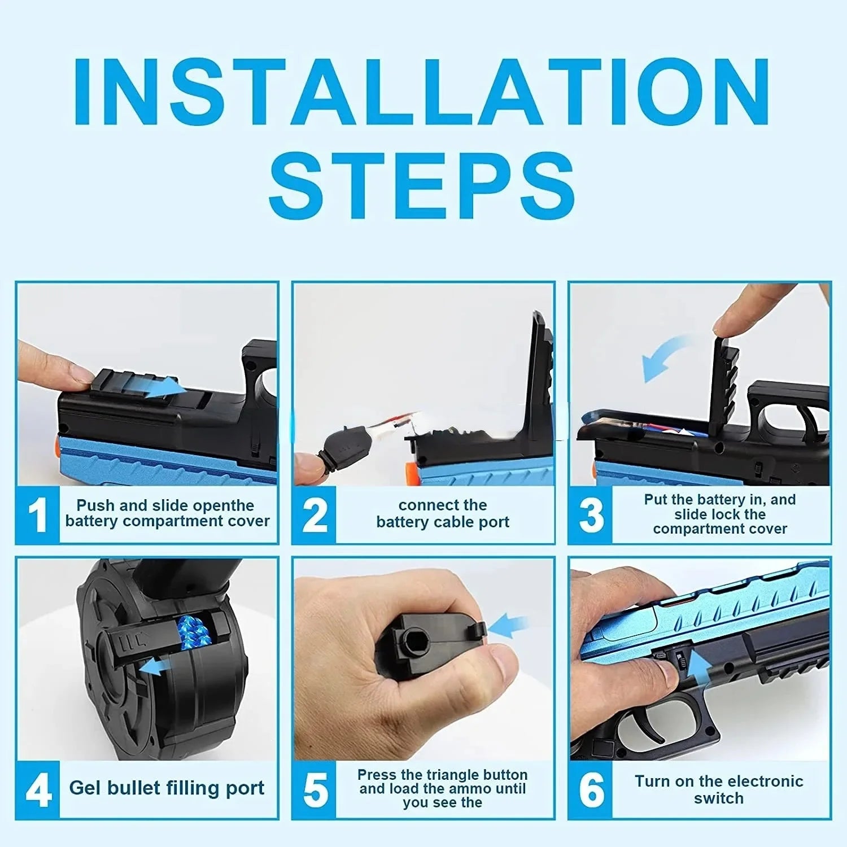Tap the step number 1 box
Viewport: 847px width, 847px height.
(38, 514)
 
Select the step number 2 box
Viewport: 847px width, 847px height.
(315, 514)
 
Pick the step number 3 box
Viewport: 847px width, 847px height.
(591, 514)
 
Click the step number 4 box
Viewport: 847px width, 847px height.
(38, 789)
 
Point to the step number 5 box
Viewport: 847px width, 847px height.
(315, 789)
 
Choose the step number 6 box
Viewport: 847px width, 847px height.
(591, 789)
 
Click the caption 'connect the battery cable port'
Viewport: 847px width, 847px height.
(443, 513)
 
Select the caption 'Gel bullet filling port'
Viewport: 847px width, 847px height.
(167, 788)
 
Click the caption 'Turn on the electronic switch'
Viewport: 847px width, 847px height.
(719, 789)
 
